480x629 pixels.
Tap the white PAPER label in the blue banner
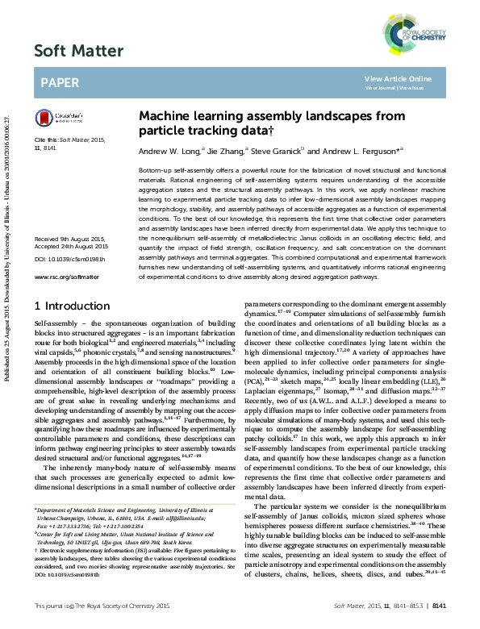tap(59, 82)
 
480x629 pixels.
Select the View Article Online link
tap(398, 78)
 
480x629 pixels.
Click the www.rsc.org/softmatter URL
tap(66, 276)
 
